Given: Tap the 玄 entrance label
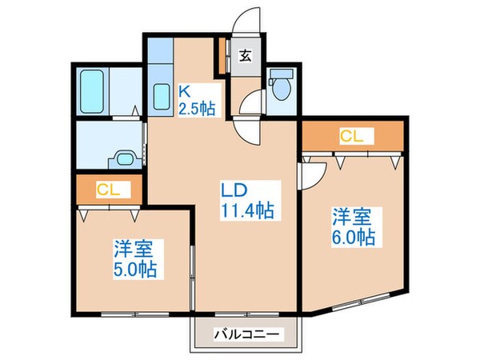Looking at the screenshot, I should [x=246, y=57].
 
